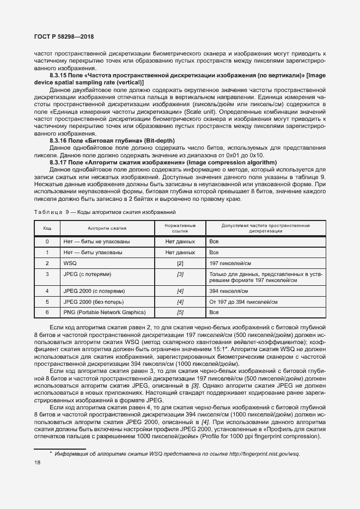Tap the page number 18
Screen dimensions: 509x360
(x=38, y=462)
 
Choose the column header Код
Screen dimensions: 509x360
(x=47, y=228)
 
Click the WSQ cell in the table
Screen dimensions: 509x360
(x=70, y=263)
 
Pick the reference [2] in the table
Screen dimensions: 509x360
(x=180, y=263)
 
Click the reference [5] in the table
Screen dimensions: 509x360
(x=180, y=312)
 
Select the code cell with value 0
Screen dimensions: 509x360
(x=47, y=241)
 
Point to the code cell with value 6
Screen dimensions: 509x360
(x=47, y=312)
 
